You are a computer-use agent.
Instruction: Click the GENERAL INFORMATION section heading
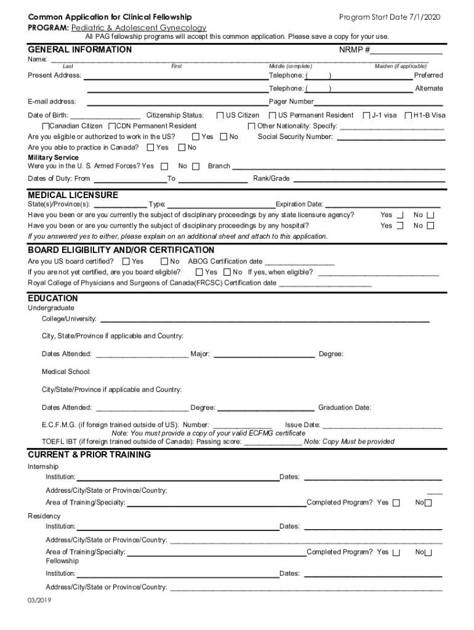(79, 50)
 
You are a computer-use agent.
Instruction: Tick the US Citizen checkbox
(220, 115)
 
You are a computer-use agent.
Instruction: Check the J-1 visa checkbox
(367, 115)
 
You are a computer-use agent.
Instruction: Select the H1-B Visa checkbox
(408, 115)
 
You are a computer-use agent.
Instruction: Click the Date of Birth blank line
(105, 116)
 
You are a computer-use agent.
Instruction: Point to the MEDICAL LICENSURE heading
(73, 195)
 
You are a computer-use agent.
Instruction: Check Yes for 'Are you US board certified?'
(126, 261)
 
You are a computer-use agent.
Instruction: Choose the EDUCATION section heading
(53, 298)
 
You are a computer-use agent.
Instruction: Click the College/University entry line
(265, 320)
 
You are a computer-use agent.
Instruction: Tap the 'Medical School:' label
(66, 372)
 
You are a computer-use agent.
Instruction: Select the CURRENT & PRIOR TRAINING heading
(89, 455)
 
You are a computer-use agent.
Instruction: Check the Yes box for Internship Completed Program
(396, 503)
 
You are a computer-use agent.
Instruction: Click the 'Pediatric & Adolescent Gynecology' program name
(139, 28)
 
